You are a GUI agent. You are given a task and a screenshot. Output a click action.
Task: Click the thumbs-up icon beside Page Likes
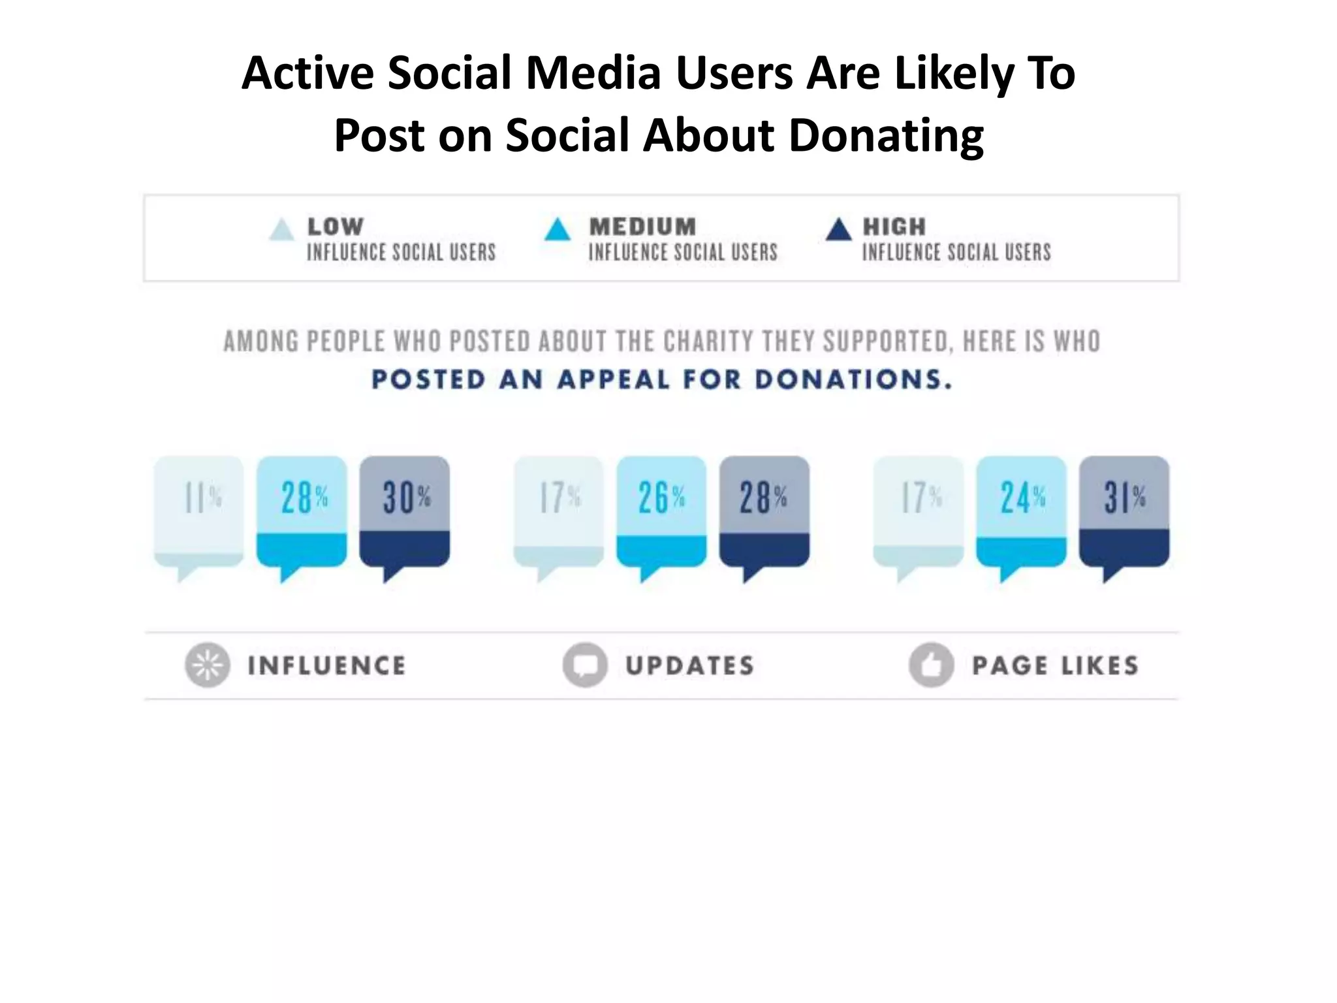click(x=931, y=665)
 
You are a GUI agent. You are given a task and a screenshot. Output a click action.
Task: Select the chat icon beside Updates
click(x=585, y=665)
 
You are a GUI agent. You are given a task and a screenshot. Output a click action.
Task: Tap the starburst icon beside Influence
click(x=207, y=665)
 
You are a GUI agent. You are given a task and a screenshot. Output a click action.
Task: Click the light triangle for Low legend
click(x=281, y=231)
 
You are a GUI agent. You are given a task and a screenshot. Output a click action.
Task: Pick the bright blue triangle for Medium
click(x=558, y=231)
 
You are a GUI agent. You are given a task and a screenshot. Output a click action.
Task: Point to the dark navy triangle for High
click(x=838, y=231)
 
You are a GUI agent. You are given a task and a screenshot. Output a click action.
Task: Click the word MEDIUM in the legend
click(x=642, y=227)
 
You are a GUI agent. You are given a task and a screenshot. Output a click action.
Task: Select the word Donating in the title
click(x=885, y=135)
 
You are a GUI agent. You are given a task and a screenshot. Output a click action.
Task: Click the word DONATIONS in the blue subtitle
click(x=853, y=379)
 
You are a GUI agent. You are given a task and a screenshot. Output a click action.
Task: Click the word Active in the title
click(x=307, y=73)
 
